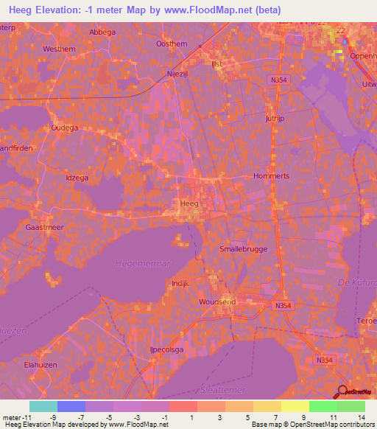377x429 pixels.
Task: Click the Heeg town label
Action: pos(188,202)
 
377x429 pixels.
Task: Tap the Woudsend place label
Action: pos(216,302)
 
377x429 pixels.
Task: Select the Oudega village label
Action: pos(63,127)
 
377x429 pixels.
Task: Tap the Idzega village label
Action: pos(79,178)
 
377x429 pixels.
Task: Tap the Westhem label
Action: pos(60,49)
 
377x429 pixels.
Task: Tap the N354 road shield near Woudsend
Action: pos(283,305)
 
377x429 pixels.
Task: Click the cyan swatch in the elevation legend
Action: pos(43,406)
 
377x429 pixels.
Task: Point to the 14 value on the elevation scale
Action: pos(360,416)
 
